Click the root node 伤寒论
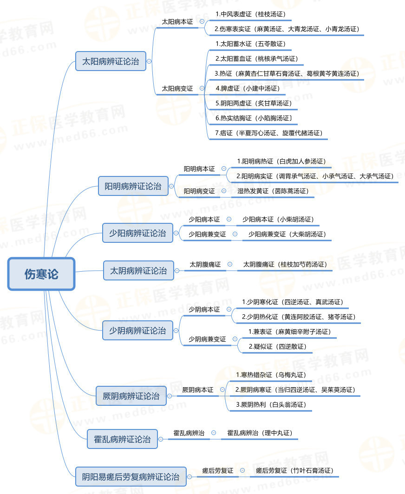41,274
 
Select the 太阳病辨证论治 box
111,61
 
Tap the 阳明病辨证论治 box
133,186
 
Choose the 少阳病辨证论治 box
137,233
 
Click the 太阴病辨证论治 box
138,271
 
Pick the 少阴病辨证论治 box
137,331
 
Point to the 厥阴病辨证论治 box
131,396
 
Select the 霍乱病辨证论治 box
122,439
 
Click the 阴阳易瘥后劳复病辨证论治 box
131,477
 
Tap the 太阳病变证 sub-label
177,89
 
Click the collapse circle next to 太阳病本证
202,21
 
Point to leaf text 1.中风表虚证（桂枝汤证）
250,14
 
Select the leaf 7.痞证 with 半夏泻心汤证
269,133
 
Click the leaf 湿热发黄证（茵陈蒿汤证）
273,191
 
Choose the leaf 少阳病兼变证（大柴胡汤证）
287,234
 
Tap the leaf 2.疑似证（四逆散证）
278,346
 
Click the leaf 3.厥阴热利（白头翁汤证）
271,404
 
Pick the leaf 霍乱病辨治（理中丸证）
260,433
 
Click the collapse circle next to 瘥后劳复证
242,470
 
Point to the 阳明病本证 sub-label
200,169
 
